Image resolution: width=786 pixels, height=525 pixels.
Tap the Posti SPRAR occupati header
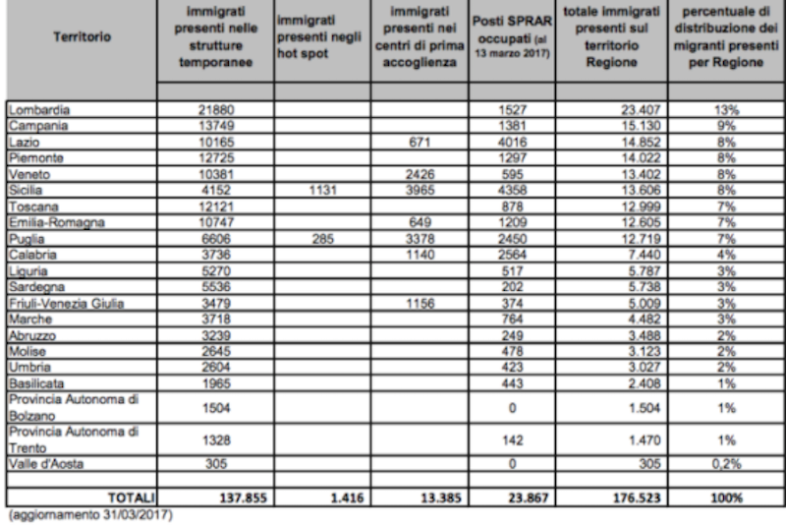(x=522, y=36)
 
